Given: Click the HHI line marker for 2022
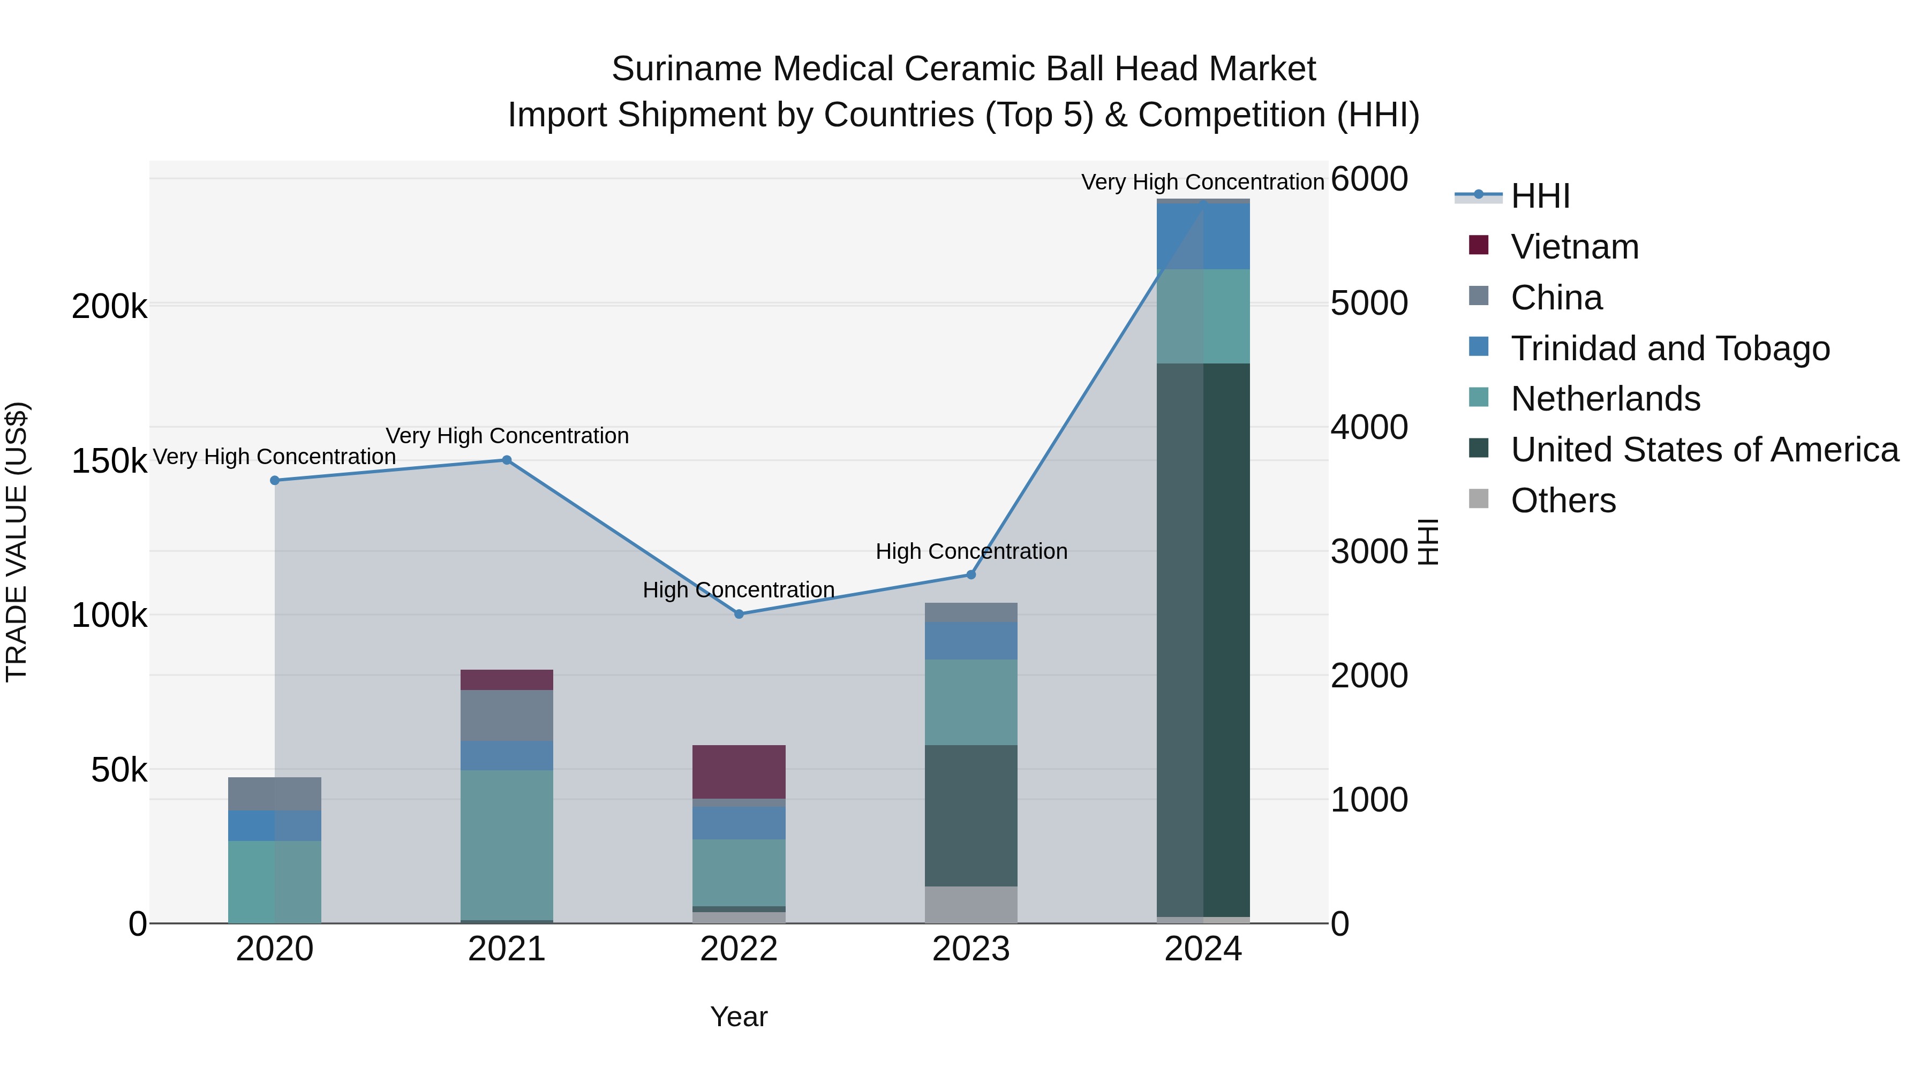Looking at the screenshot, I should click(739, 614).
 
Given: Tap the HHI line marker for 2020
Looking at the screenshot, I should click(275, 480).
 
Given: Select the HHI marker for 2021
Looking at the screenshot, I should click(507, 460).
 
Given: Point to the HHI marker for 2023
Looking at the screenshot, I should click(971, 574).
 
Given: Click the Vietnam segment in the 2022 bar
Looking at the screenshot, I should click(739, 771).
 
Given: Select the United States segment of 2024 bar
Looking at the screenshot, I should click(1203, 640).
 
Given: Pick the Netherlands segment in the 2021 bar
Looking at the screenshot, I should click(507, 845).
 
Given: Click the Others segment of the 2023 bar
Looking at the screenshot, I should click(971, 905).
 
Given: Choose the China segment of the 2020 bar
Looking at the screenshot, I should click(275, 794).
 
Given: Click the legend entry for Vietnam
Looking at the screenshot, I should click(1574, 247).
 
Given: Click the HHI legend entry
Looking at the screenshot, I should click(1540, 196).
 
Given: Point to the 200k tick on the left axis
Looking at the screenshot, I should click(109, 307).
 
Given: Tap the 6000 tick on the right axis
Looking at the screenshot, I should click(1369, 179).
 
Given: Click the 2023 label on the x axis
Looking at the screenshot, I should click(971, 949).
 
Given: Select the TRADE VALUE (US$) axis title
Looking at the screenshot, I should click(17, 542).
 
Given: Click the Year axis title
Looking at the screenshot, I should click(739, 1017).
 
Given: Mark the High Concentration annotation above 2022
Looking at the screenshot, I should click(738, 590).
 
